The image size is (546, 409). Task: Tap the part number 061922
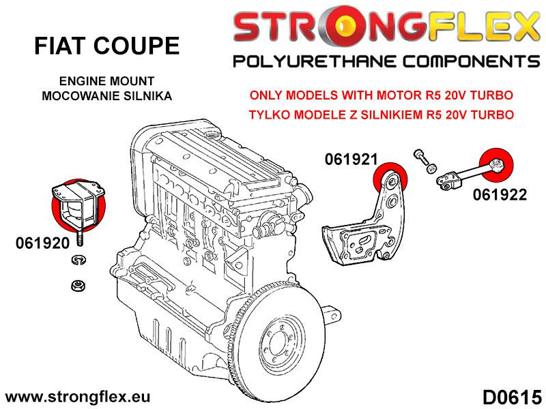(x=499, y=195)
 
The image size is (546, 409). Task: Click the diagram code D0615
(x=511, y=396)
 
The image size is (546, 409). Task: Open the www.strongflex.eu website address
(x=78, y=397)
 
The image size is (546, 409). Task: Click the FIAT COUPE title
(x=107, y=46)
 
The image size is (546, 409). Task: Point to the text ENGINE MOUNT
(x=107, y=80)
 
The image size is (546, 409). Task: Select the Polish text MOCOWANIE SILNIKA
(x=107, y=95)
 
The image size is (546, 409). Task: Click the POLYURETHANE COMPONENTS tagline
(x=386, y=63)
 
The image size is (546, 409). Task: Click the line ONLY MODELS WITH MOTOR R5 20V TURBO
(x=382, y=95)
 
